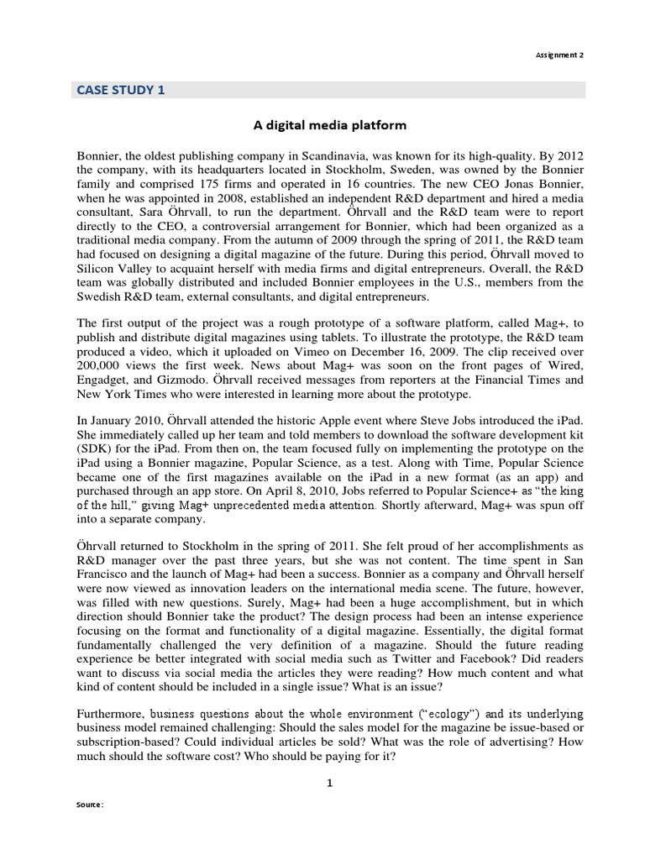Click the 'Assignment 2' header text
coord(559,53)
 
